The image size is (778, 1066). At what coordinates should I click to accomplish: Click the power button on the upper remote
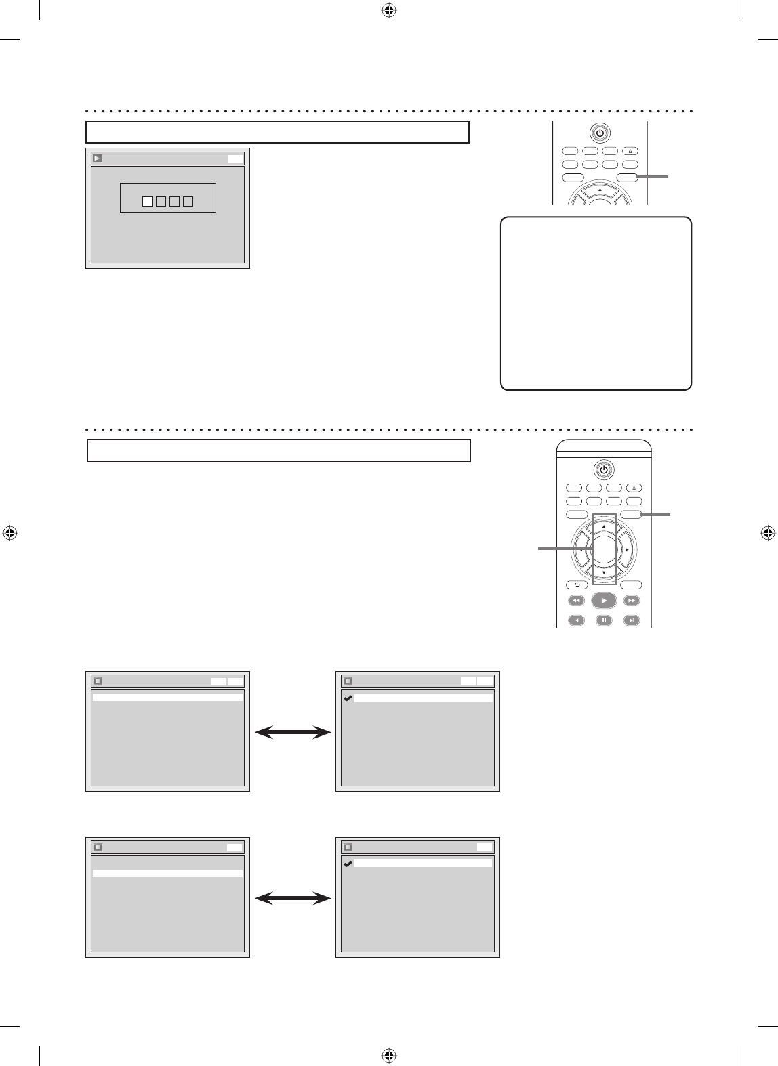[x=600, y=133]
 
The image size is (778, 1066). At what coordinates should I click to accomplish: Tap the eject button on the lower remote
[x=634, y=488]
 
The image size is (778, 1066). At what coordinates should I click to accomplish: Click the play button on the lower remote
[x=603, y=601]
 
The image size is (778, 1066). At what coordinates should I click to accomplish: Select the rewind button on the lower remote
[x=575, y=601]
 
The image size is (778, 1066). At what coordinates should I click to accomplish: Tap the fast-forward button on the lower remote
[x=632, y=601]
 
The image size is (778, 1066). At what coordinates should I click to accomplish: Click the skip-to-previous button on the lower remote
[x=575, y=620]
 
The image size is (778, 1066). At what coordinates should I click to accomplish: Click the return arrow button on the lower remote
[x=577, y=585]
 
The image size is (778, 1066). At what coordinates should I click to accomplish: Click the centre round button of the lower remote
[x=604, y=549]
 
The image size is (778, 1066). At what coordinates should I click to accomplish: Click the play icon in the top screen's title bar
[x=98, y=158]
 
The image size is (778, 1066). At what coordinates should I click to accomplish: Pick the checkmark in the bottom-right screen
[x=348, y=864]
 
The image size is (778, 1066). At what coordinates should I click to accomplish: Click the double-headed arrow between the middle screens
[x=293, y=732]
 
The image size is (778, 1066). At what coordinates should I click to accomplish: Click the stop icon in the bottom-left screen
[x=98, y=847]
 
